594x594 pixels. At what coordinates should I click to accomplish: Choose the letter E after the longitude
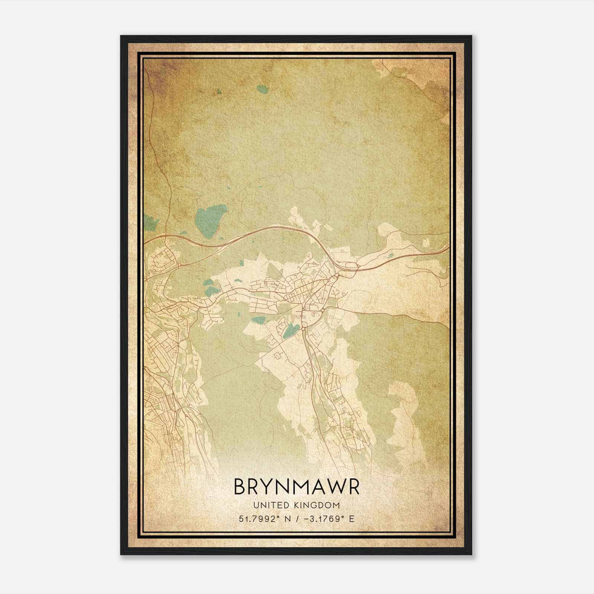pyautogui.click(x=352, y=518)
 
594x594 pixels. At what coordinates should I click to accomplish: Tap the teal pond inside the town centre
pyautogui.click(x=291, y=330)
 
